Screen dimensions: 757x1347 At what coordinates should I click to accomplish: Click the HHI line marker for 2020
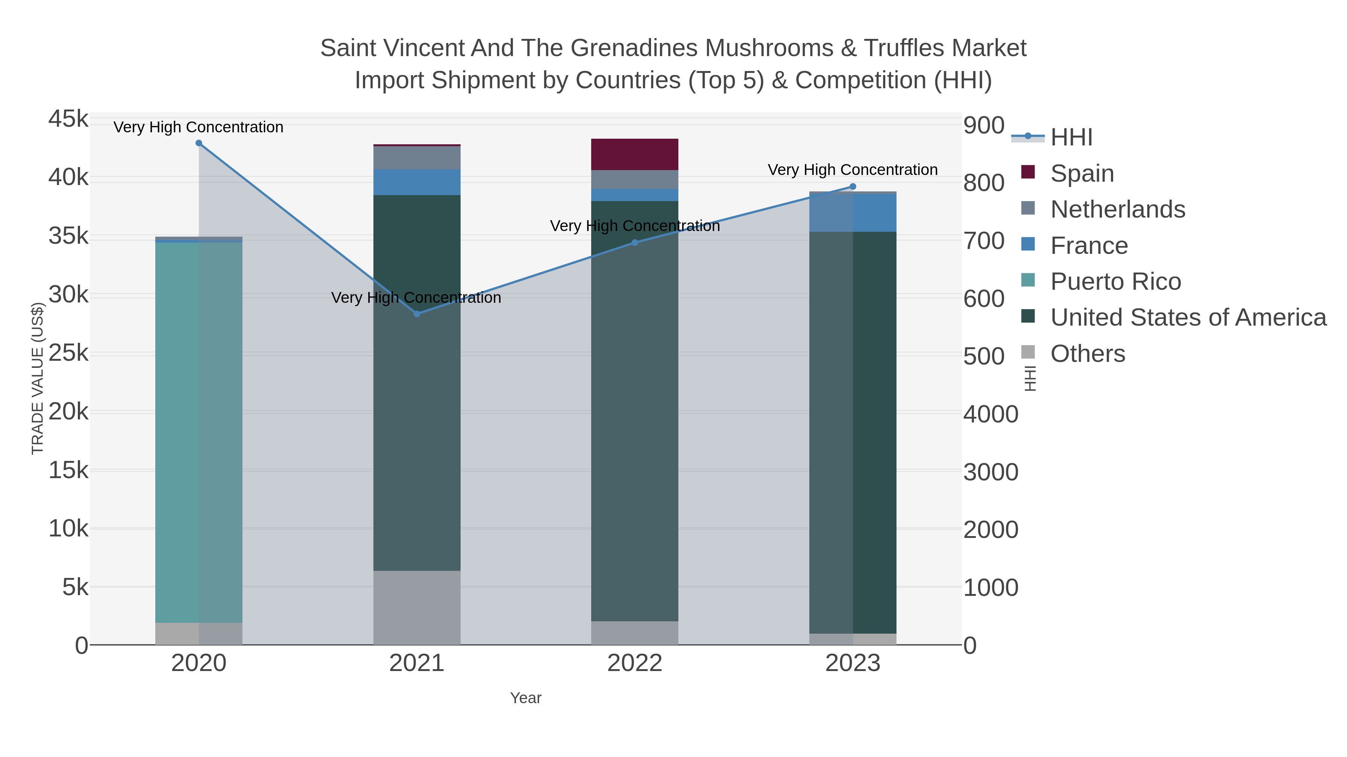[199, 143]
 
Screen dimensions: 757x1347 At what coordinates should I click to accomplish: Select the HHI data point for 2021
[417, 314]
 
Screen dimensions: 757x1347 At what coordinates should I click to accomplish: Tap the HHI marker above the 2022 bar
[635, 242]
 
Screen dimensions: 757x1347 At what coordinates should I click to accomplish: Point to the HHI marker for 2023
[853, 187]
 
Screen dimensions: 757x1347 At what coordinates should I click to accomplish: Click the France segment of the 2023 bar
[853, 213]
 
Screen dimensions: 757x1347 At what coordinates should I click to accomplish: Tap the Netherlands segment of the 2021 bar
[417, 158]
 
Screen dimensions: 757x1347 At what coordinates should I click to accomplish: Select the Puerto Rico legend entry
[1115, 281]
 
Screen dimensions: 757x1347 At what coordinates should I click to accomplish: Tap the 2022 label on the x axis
[635, 664]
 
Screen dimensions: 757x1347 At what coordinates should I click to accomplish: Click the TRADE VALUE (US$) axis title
[38, 378]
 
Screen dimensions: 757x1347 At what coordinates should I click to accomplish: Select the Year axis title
[526, 698]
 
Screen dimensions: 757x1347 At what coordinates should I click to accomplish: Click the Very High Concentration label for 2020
[199, 127]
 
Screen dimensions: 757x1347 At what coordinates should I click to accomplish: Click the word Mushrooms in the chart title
[769, 48]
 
